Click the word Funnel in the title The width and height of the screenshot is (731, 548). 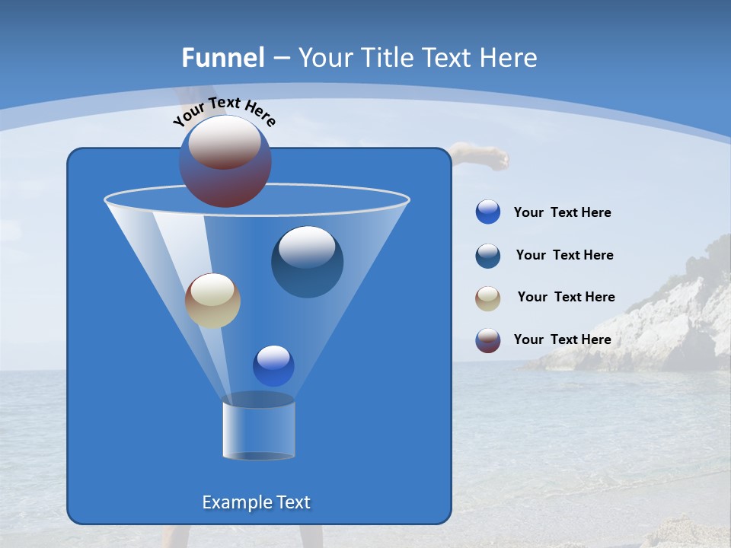(x=222, y=58)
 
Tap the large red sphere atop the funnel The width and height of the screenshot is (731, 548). (x=225, y=161)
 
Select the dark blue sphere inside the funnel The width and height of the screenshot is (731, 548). (x=307, y=262)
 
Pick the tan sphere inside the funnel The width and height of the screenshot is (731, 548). (x=212, y=301)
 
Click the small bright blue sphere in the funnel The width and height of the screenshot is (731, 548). (x=273, y=365)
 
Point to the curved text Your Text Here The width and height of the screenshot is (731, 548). (x=224, y=110)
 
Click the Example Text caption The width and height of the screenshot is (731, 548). (x=256, y=502)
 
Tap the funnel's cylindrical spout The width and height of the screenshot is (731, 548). (x=258, y=428)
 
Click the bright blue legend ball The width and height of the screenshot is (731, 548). (x=488, y=212)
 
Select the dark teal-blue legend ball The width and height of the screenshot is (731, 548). (x=488, y=256)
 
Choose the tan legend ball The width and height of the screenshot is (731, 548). (x=488, y=298)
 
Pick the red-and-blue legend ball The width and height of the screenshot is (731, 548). (x=488, y=340)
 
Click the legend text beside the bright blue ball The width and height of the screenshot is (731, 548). (x=562, y=212)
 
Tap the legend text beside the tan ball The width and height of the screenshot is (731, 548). (x=566, y=297)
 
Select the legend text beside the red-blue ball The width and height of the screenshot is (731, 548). (x=562, y=339)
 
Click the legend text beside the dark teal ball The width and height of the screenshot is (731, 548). (x=564, y=255)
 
